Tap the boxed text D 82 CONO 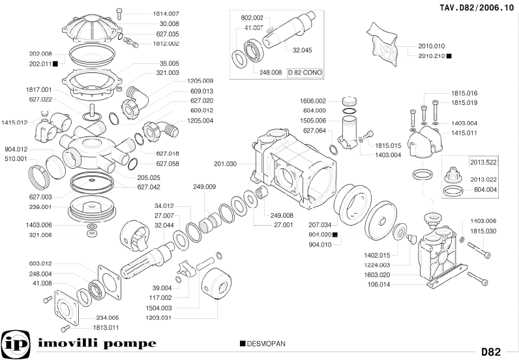[305, 72]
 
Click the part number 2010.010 [431, 46]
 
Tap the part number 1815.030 [483, 231]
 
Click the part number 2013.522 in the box [483, 162]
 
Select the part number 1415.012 [14, 122]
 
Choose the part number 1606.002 [313, 101]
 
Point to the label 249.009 [204, 187]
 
